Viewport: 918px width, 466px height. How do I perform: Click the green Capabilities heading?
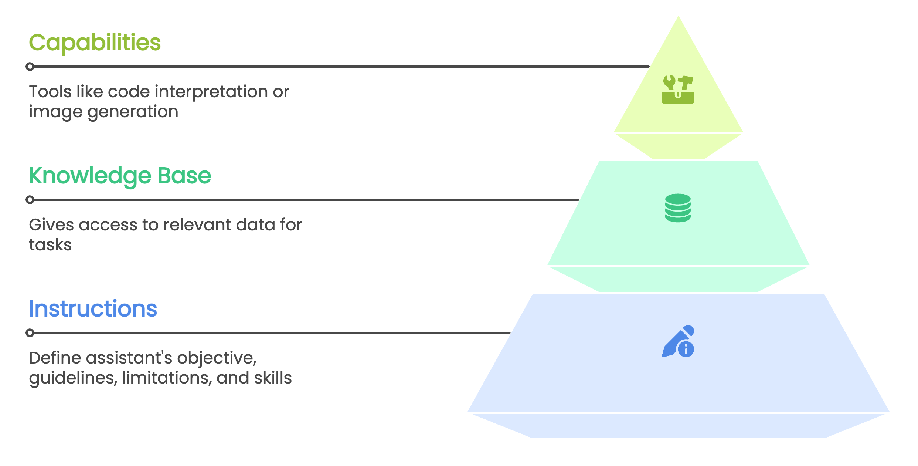(x=95, y=43)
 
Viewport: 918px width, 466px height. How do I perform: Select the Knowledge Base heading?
(x=120, y=176)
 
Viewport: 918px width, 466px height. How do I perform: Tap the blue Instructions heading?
(x=93, y=309)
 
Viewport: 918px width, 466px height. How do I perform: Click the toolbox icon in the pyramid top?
(x=678, y=90)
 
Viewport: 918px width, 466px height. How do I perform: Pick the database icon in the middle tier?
(x=678, y=208)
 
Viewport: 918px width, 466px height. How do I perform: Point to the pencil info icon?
(x=678, y=341)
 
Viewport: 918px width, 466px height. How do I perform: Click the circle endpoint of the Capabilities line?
(x=30, y=67)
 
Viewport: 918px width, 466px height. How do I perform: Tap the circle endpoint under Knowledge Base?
(x=30, y=200)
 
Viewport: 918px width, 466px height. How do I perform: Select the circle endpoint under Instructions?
(x=30, y=333)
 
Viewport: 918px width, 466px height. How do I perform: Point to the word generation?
(x=133, y=112)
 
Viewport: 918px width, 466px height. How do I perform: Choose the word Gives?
(x=51, y=225)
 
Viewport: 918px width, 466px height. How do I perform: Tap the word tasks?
(x=50, y=245)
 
